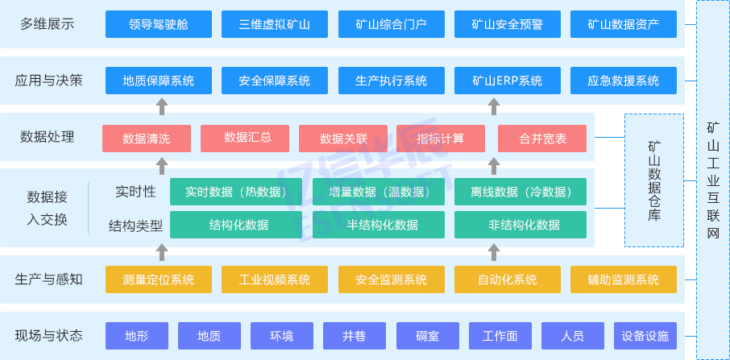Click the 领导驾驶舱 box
(159, 24)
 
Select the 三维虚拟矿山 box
(275, 24)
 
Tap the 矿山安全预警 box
(507, 24)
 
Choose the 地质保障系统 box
(159, 81)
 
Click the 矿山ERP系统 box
(507, 81)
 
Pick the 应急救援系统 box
(623, 81)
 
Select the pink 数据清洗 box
(147, 139)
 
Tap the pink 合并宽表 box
(542, 139)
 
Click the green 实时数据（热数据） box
(235, 192)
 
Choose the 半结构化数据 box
(382, 225)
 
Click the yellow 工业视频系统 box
(275, 279)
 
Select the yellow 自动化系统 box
(507, 279)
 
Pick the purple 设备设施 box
(645, 335)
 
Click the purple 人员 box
(572, 335)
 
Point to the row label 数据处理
(47, 137)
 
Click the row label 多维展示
(47, 24)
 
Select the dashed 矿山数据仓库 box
(653, 180)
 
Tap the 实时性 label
(135, 192)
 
